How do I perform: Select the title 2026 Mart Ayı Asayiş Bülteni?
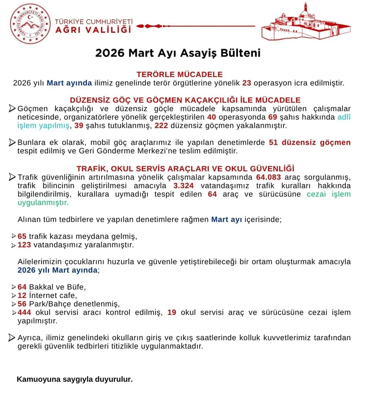178,53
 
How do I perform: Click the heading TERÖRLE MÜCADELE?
180,74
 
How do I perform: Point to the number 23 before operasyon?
247,83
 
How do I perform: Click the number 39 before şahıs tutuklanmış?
79,125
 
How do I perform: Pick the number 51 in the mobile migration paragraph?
274,143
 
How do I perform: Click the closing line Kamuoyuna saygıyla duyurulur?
75,379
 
